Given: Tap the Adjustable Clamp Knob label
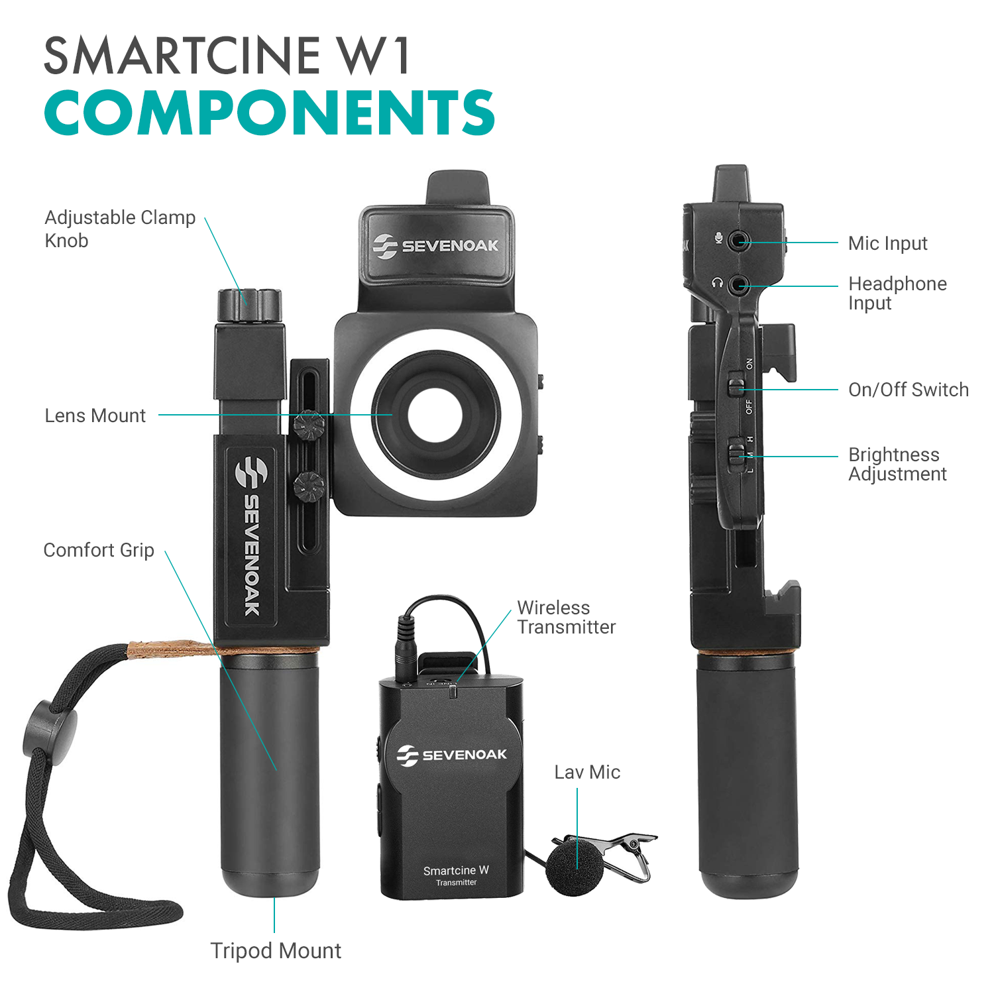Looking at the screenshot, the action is click(x=120, y=229).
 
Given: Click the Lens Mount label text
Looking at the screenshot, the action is click(x=95, y=415).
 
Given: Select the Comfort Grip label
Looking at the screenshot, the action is click(x=99, y=550).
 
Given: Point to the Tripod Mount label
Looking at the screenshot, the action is click(x=276, y=951).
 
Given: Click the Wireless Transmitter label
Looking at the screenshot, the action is click(x=567, y=617).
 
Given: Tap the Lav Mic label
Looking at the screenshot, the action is click(x=587, y=772).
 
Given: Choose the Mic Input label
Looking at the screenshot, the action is click(x=888, y=243).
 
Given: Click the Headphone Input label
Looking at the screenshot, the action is click(x=898, y=293).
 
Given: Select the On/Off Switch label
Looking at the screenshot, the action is click(x=909, y=390).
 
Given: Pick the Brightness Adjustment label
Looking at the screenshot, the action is click(x=898, y=464).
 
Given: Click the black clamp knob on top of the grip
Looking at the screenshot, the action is click(x=249, y=305).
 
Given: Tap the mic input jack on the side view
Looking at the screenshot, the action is click(x=738, y=240).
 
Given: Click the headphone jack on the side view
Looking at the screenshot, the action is click(x=738, y=286).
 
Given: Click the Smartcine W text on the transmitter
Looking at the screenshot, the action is click(x=456, y=870).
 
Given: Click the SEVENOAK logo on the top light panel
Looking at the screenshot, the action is click(x=435, y=246).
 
